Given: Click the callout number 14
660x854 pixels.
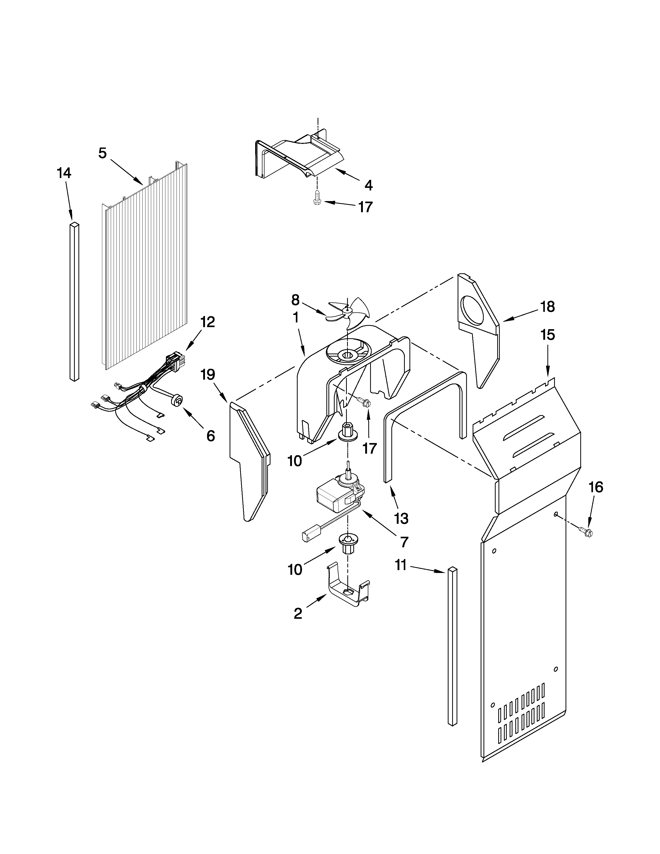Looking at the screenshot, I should [64, 173].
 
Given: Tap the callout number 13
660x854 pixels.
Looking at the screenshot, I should [401, 519].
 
